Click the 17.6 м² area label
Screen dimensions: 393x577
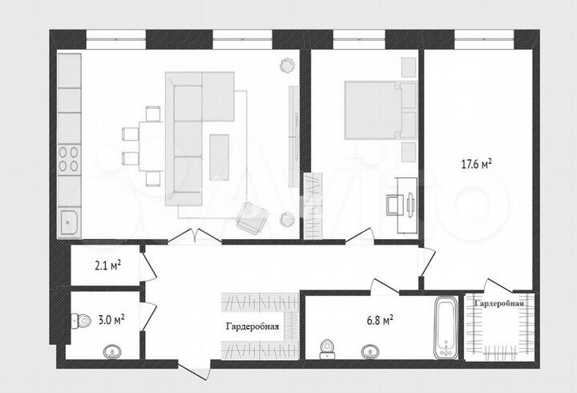click(x=476, y=163)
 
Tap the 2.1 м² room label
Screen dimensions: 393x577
click(x=107, y=265)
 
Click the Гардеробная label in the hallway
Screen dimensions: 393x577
click(x=252, y=326)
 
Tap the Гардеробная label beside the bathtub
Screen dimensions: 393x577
click(x=499, y=304)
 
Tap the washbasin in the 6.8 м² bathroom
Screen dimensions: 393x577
click(x=370, y=350)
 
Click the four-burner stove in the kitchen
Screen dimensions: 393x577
click(x=70, y=159)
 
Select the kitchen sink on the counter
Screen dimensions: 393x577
click(x=70, y=219)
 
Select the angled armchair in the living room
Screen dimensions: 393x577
click(x=251, y=215)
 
